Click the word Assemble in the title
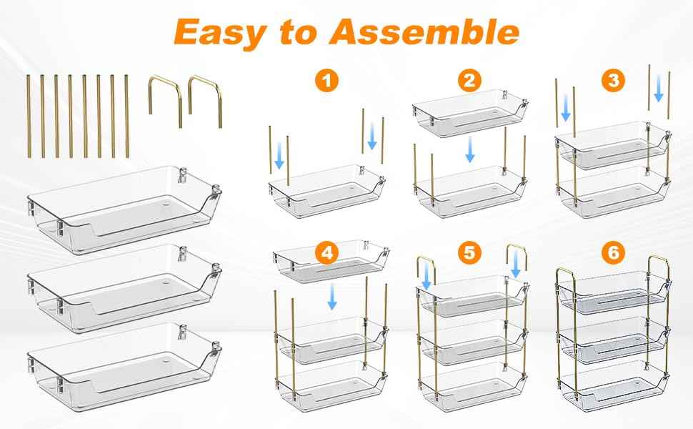[x=431, y=33]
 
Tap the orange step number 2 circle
[x=467, y=81]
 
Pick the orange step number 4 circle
[x=326, y=253]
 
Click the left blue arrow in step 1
[x=279, y=159]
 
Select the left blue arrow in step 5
[x=426, y=277]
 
